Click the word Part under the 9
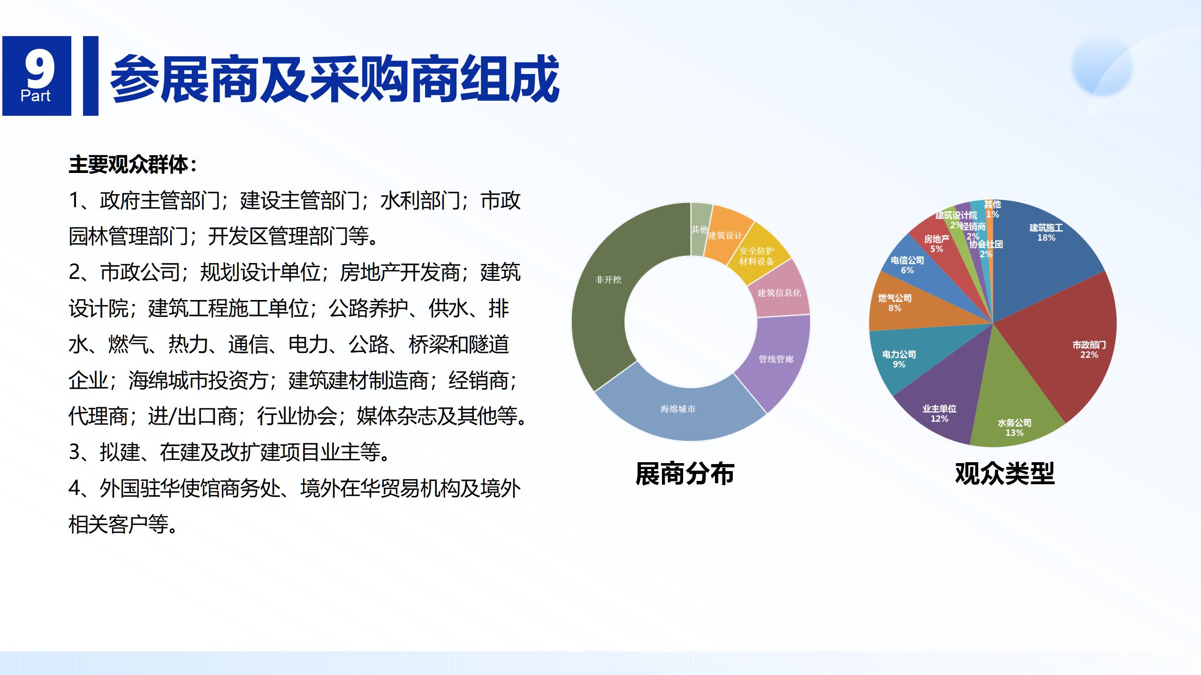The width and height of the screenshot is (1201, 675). (x=36, y=96)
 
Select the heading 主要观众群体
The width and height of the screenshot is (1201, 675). (x=133, y=165)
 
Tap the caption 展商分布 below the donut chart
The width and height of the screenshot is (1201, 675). (x=684, y=473)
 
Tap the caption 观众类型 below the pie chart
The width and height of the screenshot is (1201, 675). (x=1004, y=473)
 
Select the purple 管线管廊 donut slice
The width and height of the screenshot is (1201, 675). (x=776, y=359)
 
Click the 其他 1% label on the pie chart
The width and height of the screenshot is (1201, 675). (x=992, y=209)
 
